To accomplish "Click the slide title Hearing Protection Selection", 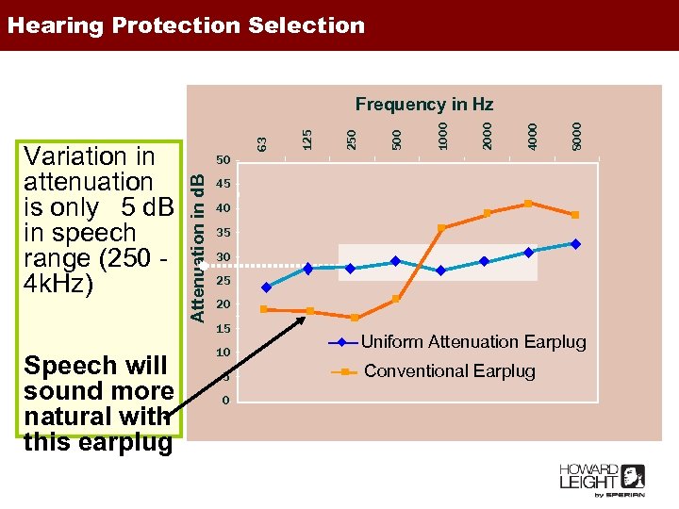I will point(186,25).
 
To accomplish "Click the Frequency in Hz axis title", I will point(423,104).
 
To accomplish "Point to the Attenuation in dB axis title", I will point(198,240).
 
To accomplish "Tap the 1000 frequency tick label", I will point(442,131).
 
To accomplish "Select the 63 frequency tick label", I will point(264,140).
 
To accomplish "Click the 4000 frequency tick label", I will point(533,131).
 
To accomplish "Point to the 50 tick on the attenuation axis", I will point(223,160).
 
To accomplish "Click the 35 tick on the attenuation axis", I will point(223,232).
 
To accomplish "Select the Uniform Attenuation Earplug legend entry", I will point(472,342).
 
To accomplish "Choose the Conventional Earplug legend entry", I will point(449,371).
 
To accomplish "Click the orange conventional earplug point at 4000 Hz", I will point(528,204).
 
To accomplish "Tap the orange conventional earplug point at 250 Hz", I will point(355,318).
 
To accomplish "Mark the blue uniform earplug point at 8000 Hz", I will point(575,243).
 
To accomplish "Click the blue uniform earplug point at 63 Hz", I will point(266,287).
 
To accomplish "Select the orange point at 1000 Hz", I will point(441,228).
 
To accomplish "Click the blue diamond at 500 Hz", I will point(396,261).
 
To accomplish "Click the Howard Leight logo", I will point(602,479).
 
